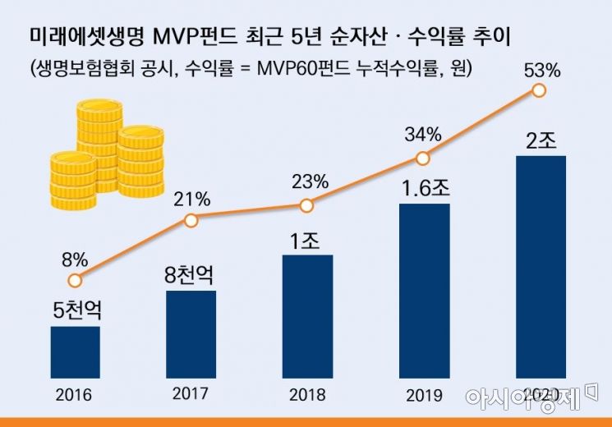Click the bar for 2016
click(x=75, y=351)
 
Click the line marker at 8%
click(x=75, y=281)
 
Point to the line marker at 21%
click(x=191, y=220)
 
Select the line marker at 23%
click(x=306, y=205)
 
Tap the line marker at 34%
click(x=423, y=158)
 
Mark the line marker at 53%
click(x=539, y=90)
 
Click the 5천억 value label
click(x=75, y=311)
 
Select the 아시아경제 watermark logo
click(x=531, y=397)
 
